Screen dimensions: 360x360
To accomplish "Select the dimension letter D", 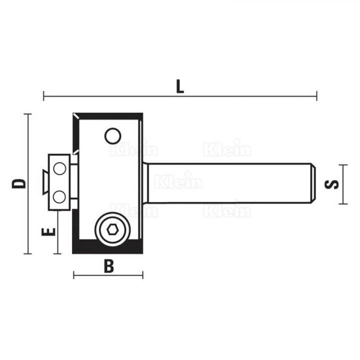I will pyautogui.click(x=19, y=183).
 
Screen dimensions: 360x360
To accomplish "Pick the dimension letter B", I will pyautogui.click(x=108, y=266).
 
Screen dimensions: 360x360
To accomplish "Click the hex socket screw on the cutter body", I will pyautogui.click(x=112, y=229).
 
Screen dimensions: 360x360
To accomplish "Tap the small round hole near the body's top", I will pyautogui.click(x=112, y=135).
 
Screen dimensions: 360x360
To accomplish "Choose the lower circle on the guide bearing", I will pyautogui.click(x=59, y=197).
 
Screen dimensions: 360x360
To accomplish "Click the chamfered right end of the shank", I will pyautogui.click(x=313, y=183).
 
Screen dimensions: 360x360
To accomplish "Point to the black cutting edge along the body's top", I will pyautogui.click(x=108, y=115).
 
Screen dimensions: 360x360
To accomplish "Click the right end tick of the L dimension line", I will pyautogui.click(x=316, y=95).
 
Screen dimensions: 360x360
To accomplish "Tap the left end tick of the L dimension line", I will pyautogui.click(x=44, y=95).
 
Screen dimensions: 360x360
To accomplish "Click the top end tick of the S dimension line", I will pyautogui.click(x=342, y=164).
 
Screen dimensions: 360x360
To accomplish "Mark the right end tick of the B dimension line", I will pyautogui.click(x=143, y=275).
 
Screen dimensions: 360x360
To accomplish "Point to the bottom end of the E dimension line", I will pyautogui.click(x=58, y=253).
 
